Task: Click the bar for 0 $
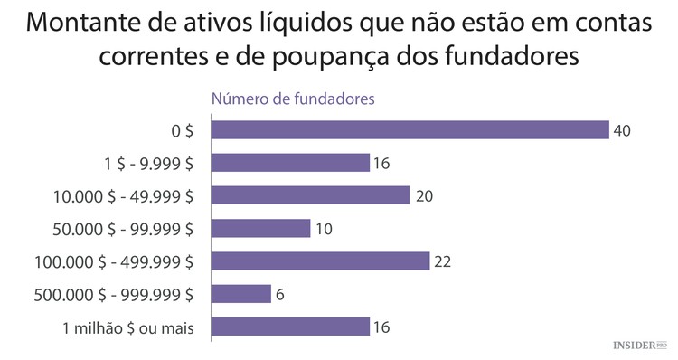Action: point(410,130)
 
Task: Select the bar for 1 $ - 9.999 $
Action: point(290,163)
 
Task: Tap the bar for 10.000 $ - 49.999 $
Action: point(310,195)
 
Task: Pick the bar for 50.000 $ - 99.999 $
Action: point(260,228)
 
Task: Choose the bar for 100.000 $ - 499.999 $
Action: point(320,261)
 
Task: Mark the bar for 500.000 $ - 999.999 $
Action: point(240,294)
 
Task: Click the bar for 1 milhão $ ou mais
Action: point(290,327)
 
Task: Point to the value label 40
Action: point(621,131)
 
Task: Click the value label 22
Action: point(441,261)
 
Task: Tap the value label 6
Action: point(280,294)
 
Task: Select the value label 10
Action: point(323,229)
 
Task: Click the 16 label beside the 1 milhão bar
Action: point(381,327)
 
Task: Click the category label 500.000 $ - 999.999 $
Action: point(113,294)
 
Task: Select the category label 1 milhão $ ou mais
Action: point(129,327)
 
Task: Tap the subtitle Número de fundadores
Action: point(293,99)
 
